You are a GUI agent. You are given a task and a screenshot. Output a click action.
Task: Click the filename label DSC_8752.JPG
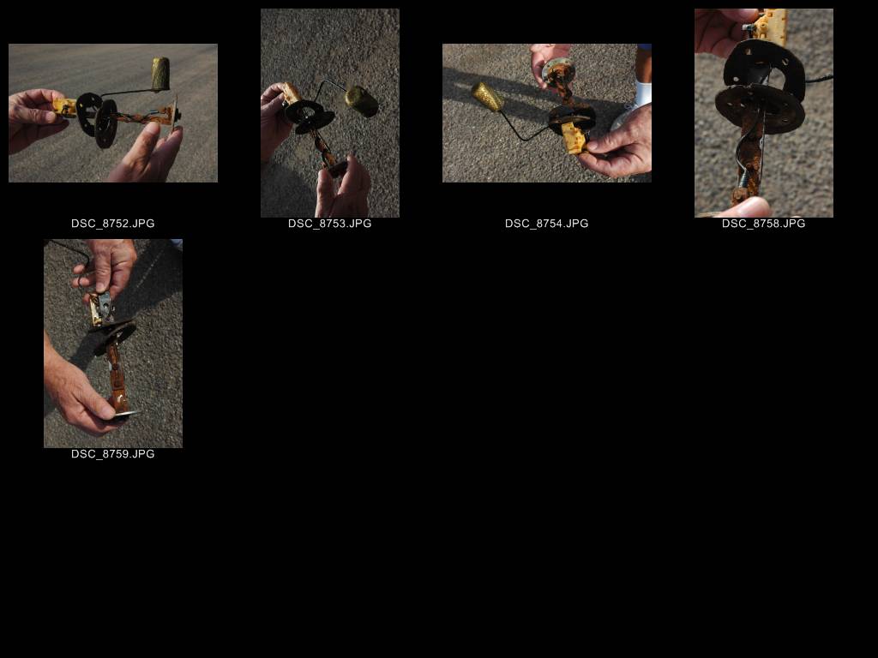tap(112, 224)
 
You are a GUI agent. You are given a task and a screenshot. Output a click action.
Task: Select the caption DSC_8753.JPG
tap(330, 224)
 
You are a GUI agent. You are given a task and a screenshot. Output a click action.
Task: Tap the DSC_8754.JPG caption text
tap(546, 224)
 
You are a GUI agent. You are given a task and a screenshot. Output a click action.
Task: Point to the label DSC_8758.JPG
tap(763, 224)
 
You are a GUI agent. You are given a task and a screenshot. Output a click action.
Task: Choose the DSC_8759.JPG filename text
tap(112, 454)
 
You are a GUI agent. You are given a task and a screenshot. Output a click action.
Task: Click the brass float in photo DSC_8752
tap(160, 74)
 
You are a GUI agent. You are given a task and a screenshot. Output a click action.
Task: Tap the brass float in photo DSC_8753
tap(362, 101)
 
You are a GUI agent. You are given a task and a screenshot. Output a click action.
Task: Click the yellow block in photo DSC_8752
tap(64, 107)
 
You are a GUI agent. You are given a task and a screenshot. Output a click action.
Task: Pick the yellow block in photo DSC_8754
tap(574, 138)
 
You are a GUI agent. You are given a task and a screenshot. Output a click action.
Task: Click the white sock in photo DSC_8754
tap(643, 93)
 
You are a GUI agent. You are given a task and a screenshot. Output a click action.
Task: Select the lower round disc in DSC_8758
tap(760, 108)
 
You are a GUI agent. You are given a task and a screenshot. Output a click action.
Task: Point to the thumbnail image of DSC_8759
tap(113, 344)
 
